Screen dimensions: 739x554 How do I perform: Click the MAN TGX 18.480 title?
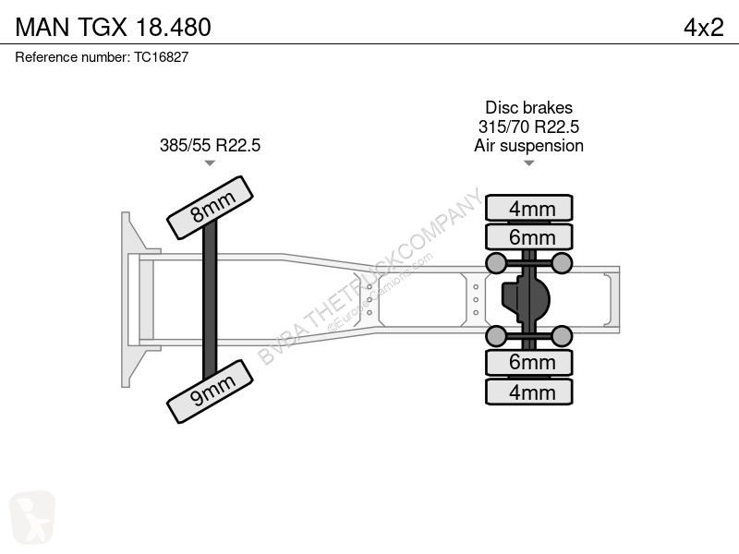click(113, 28)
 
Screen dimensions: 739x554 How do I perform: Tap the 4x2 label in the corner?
click(704, 28)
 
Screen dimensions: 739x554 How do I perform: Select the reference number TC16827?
click(161, 57)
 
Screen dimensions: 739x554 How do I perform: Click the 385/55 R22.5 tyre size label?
click(210, 145)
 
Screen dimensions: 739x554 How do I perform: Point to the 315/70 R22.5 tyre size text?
click(528, 126)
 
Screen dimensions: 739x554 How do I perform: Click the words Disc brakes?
click(528, 107)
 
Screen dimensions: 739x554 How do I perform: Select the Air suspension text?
click(528, 146)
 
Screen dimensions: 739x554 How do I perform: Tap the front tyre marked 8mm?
click(211, 207)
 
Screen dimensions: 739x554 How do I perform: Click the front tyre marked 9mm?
click(211, 391)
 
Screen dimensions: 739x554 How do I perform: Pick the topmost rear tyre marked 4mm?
click(529, 208)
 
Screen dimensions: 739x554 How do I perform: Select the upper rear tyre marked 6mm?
click(529, 236)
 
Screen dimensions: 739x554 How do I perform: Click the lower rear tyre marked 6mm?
click(529, 362)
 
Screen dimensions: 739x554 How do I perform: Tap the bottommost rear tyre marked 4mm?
click(529, 391)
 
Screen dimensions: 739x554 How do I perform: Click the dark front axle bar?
click(210, 299)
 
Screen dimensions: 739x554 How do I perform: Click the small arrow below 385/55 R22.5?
click(210, 163)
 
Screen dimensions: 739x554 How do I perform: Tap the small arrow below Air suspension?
click(528, 163)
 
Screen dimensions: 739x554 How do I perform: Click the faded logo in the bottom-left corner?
click(32, 517)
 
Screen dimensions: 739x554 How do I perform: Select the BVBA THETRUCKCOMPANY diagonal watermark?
click(370, 277)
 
